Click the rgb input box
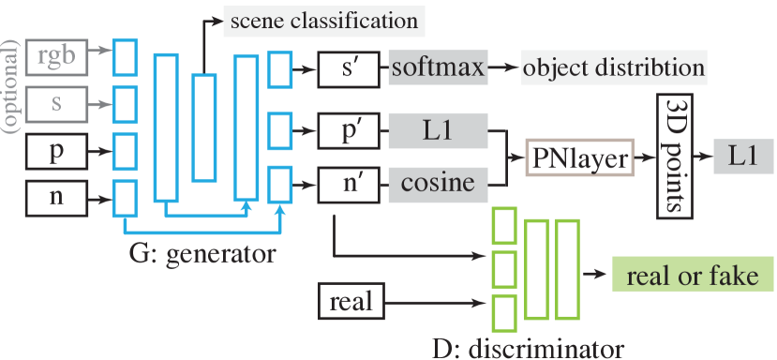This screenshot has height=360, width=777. [x=57, y=56]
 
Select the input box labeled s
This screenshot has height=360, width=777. [x=57, y=102]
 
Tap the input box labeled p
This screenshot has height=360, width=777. [x=57, y=150]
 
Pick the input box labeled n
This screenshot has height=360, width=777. [x=57, y=196]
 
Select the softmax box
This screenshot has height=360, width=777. [x=438, y=67]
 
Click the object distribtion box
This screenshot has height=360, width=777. [x=614, y=67]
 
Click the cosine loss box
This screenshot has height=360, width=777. [x=438, y=183]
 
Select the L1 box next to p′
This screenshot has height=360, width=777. [x=438, y=132]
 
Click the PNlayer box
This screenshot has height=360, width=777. [x=578, y=157]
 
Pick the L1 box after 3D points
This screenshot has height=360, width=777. [x=744, y=156]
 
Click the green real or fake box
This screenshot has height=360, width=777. [x=693, y=275]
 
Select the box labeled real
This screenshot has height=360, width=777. [x=351, y=301]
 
